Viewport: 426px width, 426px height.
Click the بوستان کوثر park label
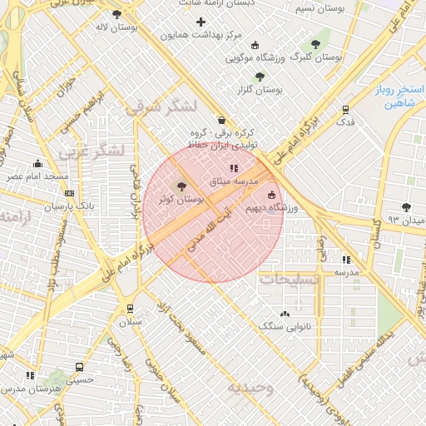pyautogui.click(x=182, y=200)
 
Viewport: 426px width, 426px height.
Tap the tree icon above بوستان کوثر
pyautogui.click(x=182, y=186)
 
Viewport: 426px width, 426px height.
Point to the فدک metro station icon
pyautogui.click(x=345, y=109)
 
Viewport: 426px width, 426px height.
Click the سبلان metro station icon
pyautogui.click(x=129, y=307)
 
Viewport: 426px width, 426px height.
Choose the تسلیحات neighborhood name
pyautogui.click(x=290, y=279)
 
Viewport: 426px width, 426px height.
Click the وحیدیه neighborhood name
pyautogui.click(x=250, y=388)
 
